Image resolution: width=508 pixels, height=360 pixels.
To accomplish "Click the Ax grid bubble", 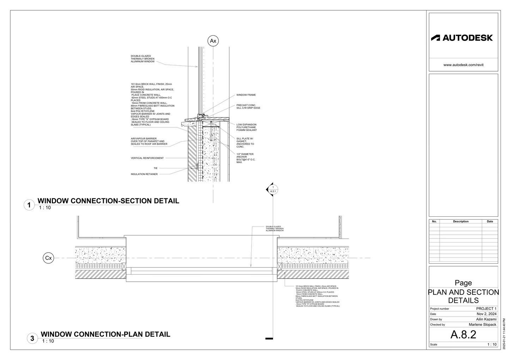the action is [x=213, y=41].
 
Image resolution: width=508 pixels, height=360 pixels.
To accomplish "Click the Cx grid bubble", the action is [x=48, y=258].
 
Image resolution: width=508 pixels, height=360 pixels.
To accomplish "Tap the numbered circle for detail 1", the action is [x=29, y=205].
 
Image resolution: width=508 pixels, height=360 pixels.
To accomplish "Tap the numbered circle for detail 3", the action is [x=32, y=338].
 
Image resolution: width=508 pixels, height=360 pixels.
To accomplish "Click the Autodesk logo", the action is [x=462, y=38].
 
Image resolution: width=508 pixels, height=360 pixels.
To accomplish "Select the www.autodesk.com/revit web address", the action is [x=463, y=65].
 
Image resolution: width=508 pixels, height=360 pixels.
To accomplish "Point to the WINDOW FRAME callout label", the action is [x=246, y=95].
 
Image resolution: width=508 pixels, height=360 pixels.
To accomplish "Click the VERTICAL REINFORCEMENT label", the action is [x=147, y=158].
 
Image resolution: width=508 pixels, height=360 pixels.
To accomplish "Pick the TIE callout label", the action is [x=156, y=168].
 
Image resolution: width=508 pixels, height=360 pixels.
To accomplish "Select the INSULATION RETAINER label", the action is [x=144, y=174].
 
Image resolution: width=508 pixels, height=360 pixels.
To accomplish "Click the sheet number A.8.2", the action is [x=463, y=334].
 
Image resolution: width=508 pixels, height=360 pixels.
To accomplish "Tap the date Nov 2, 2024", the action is [x=486, y=314].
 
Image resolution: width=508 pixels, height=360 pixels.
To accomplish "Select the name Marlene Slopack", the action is [x=482, y=324].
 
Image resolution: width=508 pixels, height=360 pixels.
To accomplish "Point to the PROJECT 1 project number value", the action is [x=486, y=308].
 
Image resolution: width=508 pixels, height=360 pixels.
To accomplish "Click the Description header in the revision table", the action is [x=461, y=221].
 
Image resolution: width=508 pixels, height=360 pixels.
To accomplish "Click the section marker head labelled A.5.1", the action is [x=272, y=190].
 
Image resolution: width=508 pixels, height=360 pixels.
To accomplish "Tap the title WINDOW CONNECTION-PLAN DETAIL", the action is [x=105, y=334].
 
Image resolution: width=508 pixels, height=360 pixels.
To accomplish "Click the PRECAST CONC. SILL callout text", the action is [x=248, y=106].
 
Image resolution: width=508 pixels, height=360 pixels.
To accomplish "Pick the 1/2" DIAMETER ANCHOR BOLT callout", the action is [x=246, y=158].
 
